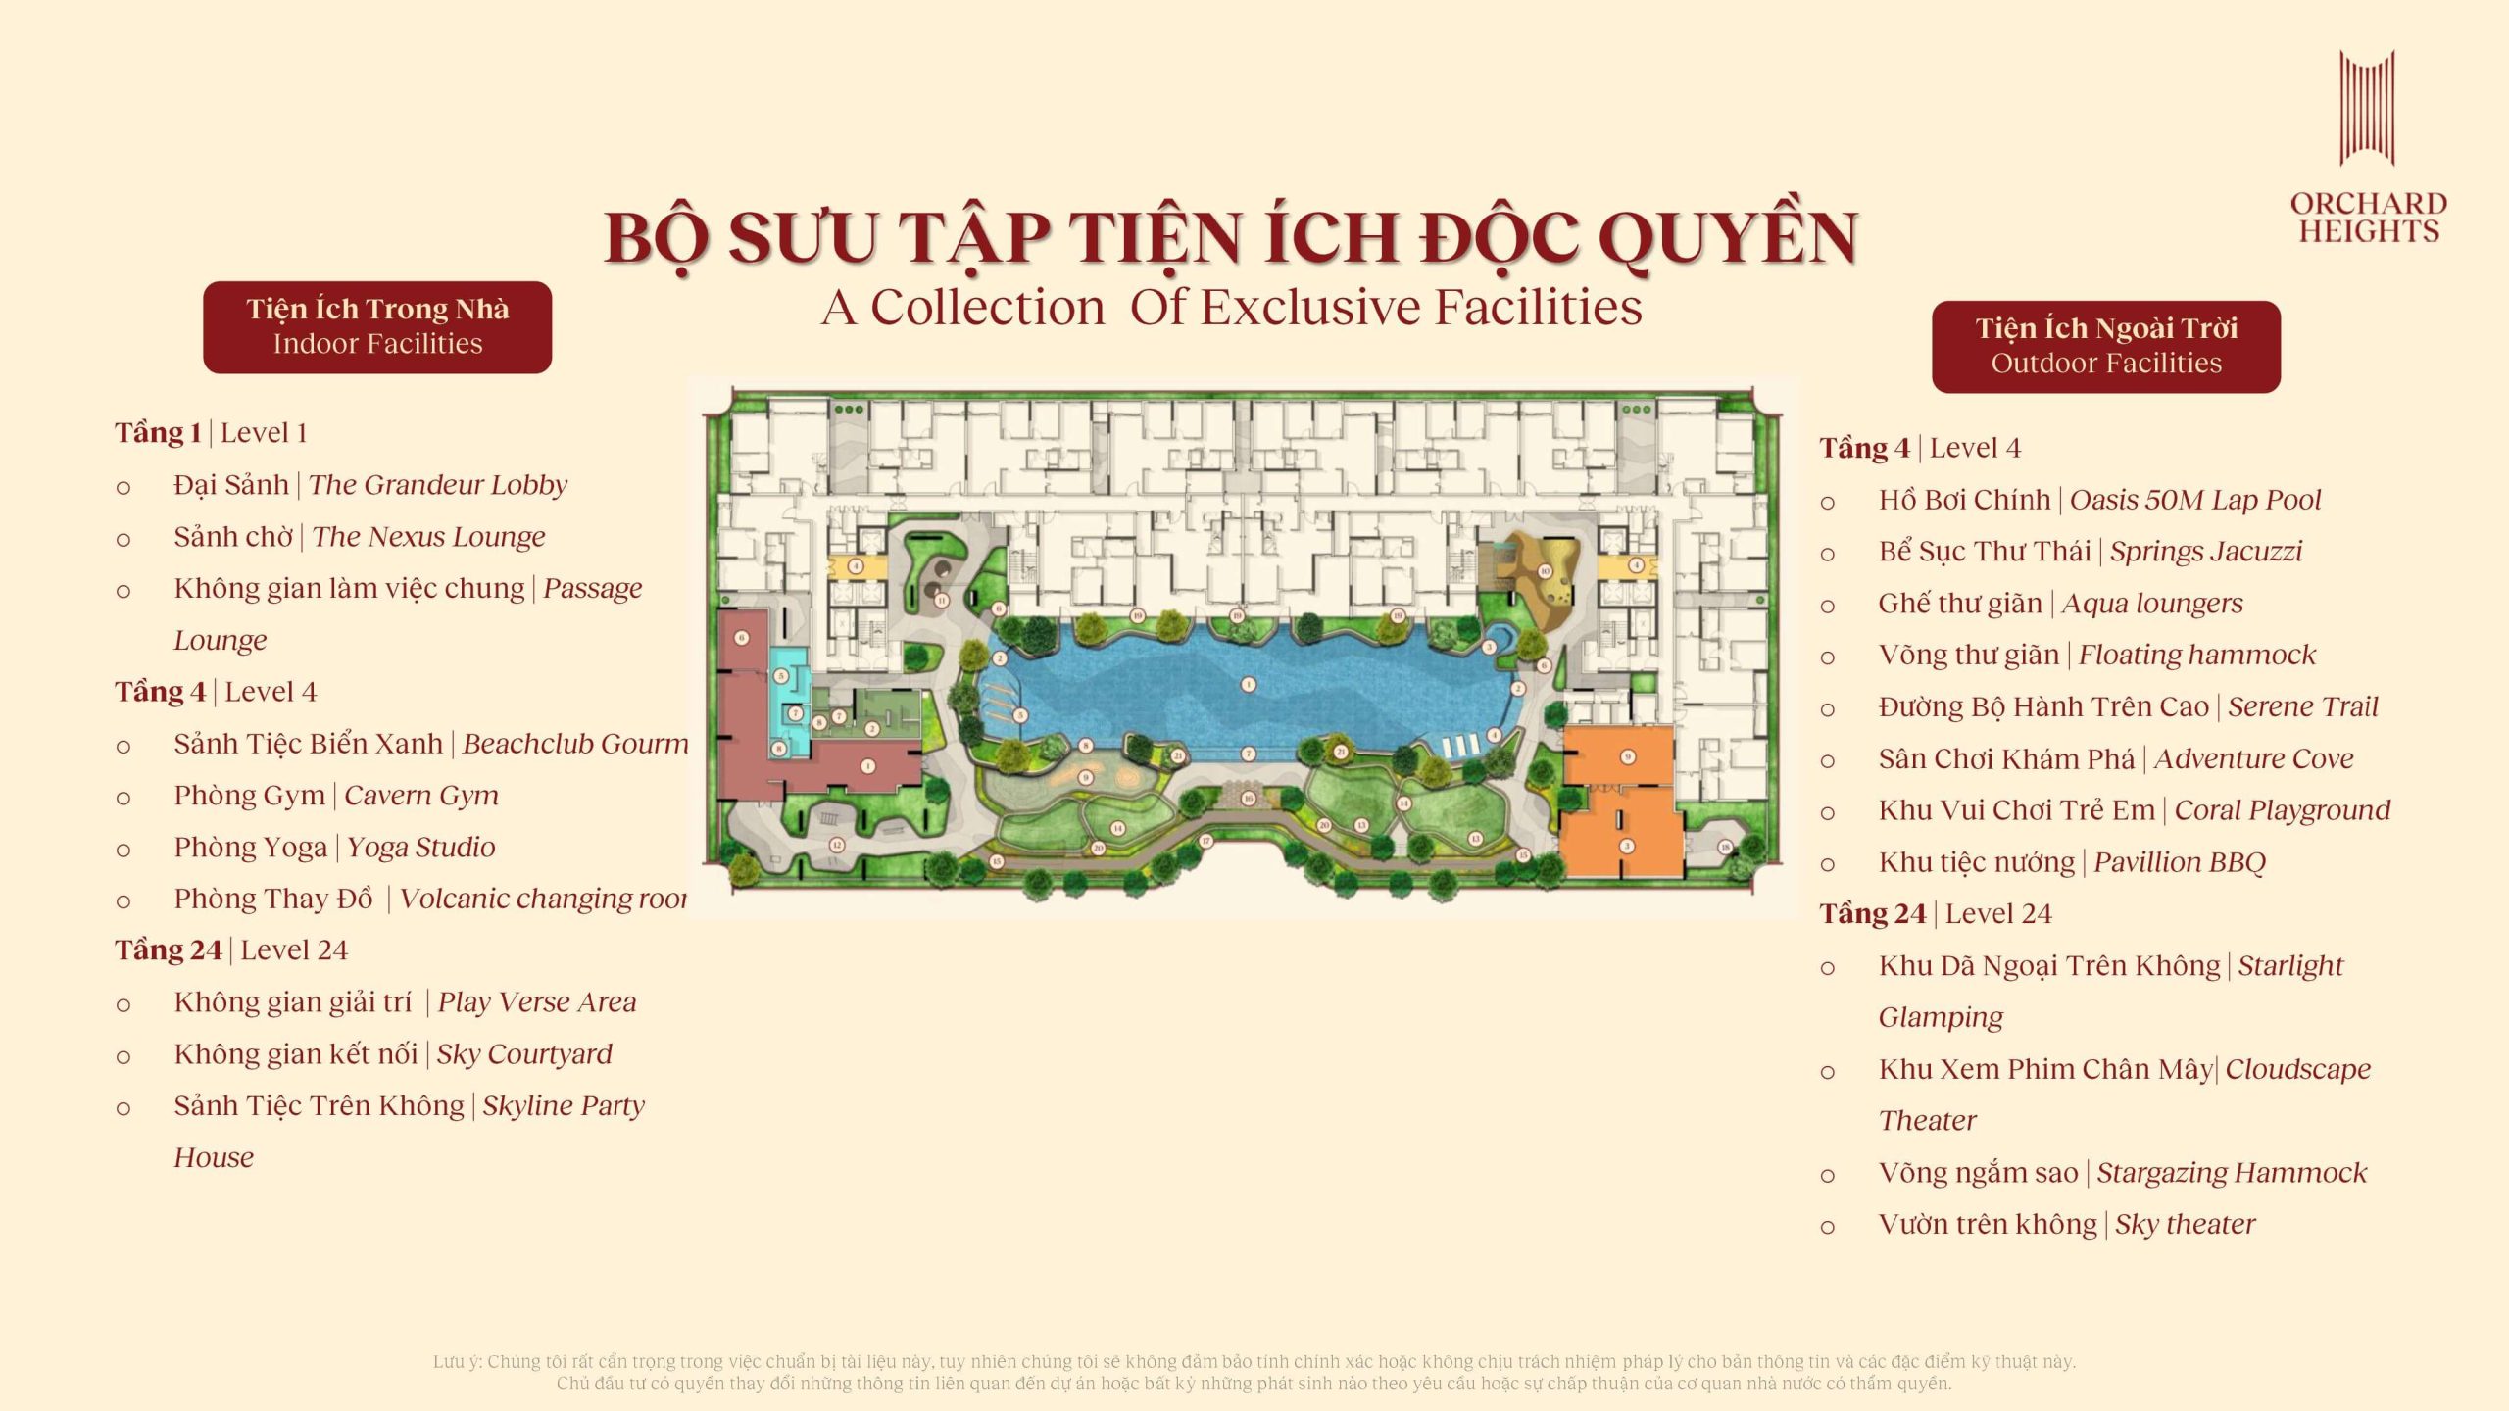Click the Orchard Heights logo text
[x=2368, y=218]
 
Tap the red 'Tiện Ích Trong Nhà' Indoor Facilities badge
[x=377, y=327]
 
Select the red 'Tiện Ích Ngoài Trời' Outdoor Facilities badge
[x=2105, y=347]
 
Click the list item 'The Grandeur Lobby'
[x=438, y=485]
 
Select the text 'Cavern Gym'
[x=421, y=796]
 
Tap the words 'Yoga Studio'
[x=421, y=848]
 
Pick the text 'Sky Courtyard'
[x=524, y=1054]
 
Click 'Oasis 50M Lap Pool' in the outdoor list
[x=2195, y=500]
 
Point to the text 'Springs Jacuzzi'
[x=2206, y=552]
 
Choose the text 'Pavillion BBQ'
[x=2180, y=862]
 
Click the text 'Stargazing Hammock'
[x=2232, y=1173]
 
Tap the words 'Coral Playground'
[x=2283, y=810]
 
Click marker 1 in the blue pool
[x=1248, y=684]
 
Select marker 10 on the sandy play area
[x=1545, y=571]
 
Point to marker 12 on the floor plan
[x=837, y=844]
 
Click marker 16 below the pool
[x=1248, y=798]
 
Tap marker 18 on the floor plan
[x=1725, y=847]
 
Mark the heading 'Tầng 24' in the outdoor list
[x=1872, y=914]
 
